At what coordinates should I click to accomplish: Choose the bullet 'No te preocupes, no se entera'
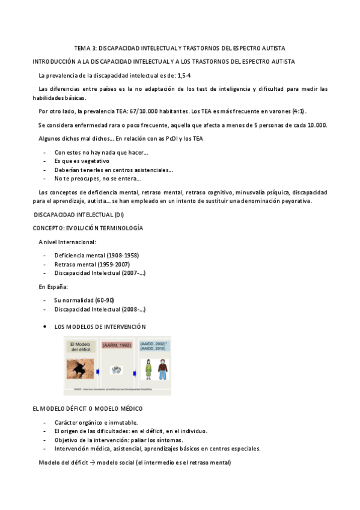(x=97, y=178)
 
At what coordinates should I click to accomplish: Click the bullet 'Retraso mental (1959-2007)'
(x=91, y=264)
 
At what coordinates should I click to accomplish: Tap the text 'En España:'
(x=53, y=286)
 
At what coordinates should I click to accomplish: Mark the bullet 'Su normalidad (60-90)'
(x=84, y=300)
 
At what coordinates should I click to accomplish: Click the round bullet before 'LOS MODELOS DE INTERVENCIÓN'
(x=46, y=327)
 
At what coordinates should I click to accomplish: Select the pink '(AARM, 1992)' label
(x=117, y=345)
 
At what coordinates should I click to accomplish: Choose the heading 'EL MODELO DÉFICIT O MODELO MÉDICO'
(x=87, y=408)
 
